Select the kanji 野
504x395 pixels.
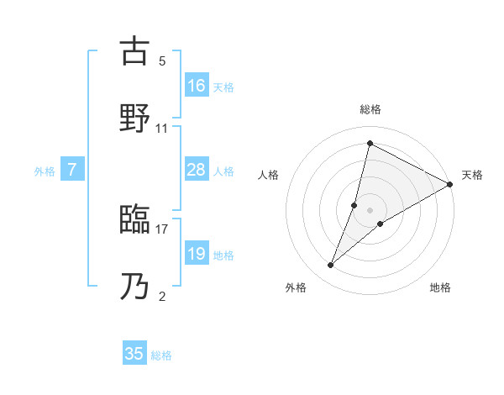point(134,118)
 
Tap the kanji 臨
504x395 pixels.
point(134,221)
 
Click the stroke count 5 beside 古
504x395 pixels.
point(162,61)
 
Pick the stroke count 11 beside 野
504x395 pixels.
point(162,128)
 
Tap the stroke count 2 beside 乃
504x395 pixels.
point(162,296)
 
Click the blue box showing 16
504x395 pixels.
point(196,85)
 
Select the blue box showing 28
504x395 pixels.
point(196,170)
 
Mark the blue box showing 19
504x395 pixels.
point(196,254)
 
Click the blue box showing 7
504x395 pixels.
point(72,170)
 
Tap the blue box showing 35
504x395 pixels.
point(134,354)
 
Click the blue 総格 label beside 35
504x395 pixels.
point(161,355)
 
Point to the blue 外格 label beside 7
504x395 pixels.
point(45,171)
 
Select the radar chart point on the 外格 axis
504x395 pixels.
point(331,266)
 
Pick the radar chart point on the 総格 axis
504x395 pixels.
point(370,143)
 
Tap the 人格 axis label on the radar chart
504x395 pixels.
point(269,175)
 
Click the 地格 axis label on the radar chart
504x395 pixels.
point(440,287)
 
